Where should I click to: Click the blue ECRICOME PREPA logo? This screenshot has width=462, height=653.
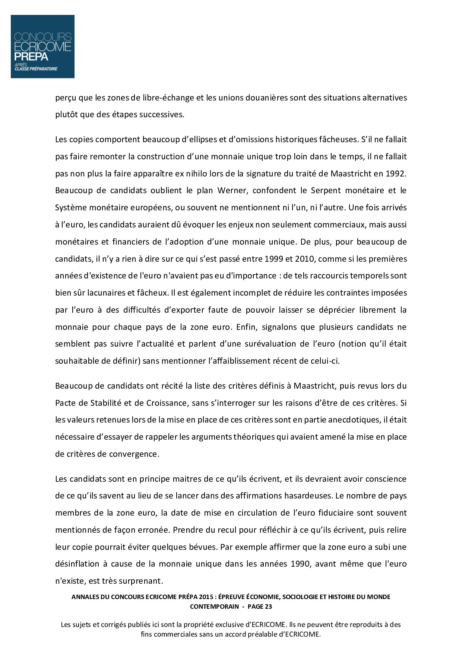(x=42, y=47)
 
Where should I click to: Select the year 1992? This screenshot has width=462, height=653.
(x=398, y=173)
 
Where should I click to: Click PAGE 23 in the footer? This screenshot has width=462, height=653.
(x=260, y=606)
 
